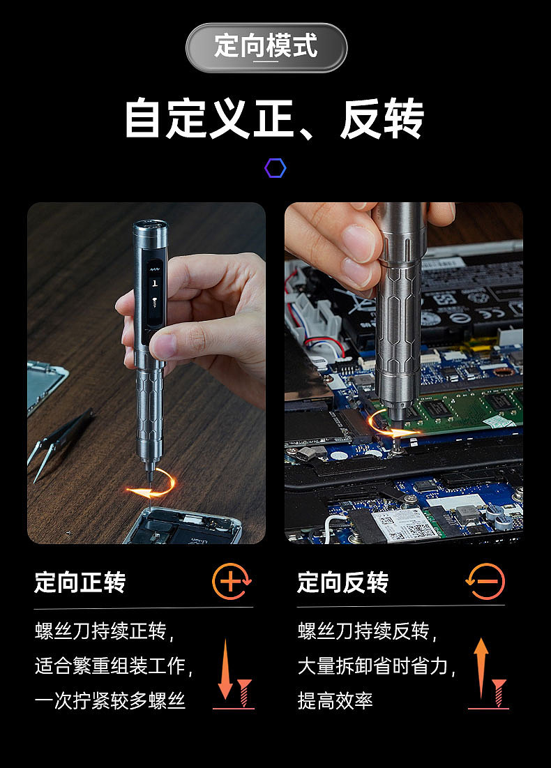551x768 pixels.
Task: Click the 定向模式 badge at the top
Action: [266, 47]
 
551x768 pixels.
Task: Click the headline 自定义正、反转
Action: [274, 119]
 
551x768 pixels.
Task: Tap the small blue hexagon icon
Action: [275, 168]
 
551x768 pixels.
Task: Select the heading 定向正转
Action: [80, 582]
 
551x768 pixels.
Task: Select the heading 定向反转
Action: [342, 582]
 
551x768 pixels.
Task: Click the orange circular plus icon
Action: [231, 581]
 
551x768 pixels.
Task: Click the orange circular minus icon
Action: [485, 581]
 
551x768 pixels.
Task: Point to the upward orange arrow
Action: [481, 667]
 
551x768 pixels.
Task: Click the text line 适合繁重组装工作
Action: [114, 666]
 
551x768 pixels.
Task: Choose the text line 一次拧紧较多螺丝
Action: [110, 700]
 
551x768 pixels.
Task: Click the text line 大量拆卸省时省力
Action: [377, 666]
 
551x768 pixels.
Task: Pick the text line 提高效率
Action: [335, 700]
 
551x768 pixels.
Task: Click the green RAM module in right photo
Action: [460, 405]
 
